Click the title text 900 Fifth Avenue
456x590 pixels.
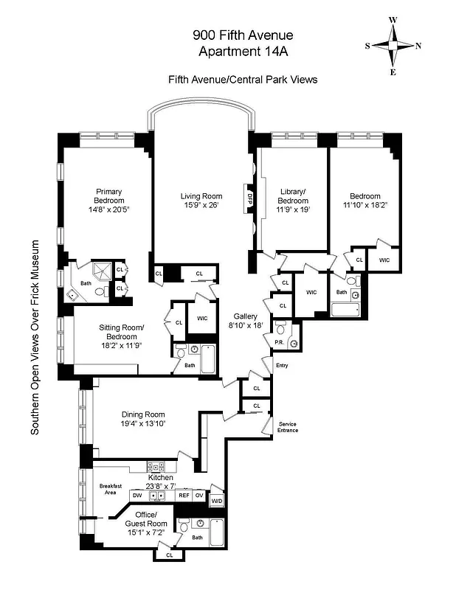coord(243,35)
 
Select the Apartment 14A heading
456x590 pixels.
coord(243,51)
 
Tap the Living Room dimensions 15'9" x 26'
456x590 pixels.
coord(201,206)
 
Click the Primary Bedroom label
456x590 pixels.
coord(108,196)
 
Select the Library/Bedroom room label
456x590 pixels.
coord(293,196)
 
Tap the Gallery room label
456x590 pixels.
coord(243,316)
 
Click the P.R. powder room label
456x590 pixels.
coord(280,342)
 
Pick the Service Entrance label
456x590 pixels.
coord(288,426)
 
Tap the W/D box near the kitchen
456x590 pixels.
coord(216,502)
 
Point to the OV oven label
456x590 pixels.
coord(199,495)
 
